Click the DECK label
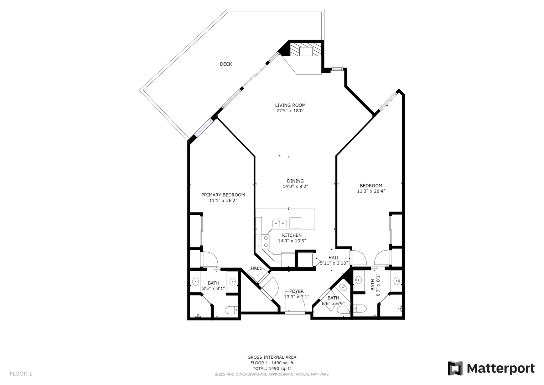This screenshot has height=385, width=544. pyautogui.click(x=226, y=64)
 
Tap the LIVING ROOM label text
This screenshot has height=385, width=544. pyautogui.click(x=290, y=105)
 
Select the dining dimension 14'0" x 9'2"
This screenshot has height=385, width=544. pyautogui.click(x=295, y=187)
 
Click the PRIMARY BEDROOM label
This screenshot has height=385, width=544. pyautogui.click(x=223, y=195)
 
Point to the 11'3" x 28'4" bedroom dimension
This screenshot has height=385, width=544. pyautogui.click(x=371, y=191)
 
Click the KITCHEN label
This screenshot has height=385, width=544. pyautogui.click(x=292, y=235)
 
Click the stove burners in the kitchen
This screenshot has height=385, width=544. pyautogui.click(x=263, y=242)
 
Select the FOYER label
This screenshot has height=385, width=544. pyautogui.click(x=296, y=292)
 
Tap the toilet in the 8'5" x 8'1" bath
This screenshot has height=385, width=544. pyautogui.click(x=232, y=310)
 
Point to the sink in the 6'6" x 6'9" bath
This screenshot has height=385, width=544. pyautogui.click(x=343, y=287)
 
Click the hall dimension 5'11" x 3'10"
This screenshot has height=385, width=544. pyautogui.click(x=334, y=263)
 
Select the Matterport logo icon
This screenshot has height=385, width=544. pyautogui.click(x=455, y=369)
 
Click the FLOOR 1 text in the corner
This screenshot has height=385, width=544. pyautogui.click(x=21, y=374)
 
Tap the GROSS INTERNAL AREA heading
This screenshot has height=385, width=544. pyautogui.click(x=272, y=357)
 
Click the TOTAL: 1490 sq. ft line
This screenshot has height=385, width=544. pyautogui.click(x=272, y=369)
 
